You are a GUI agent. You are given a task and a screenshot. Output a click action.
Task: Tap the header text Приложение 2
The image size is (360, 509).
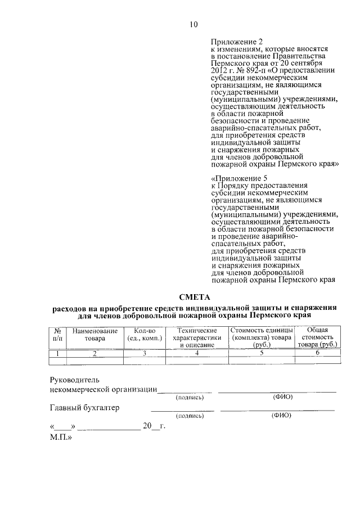236,42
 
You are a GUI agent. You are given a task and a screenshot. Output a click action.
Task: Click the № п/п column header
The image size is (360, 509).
57,335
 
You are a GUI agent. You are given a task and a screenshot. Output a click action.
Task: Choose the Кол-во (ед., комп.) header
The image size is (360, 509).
145,335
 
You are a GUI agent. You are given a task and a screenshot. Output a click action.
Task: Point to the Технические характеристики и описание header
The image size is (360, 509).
197,336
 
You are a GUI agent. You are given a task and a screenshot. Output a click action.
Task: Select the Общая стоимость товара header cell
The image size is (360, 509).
317,336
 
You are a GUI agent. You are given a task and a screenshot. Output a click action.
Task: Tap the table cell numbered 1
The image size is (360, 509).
57,353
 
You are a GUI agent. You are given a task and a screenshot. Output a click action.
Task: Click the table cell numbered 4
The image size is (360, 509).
197,353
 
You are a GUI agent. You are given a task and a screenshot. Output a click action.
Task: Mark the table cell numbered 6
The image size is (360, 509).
317,353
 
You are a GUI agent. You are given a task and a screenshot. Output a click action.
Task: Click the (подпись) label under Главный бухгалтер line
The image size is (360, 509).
190,416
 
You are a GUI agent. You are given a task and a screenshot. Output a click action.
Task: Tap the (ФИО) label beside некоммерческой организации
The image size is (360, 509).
282,398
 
